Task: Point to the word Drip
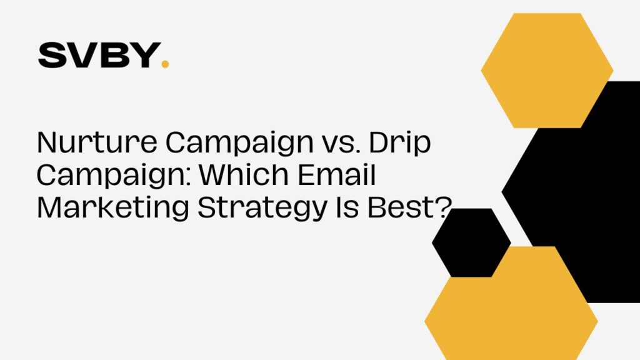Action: pos(400,144)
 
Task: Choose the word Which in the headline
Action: pos(244,174)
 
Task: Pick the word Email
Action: pos(336,174)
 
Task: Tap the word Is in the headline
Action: pos(347,207)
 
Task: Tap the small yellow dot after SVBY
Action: pos(165,64)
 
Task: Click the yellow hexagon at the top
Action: pos(547,70)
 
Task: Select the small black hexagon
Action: pos(471,242)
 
